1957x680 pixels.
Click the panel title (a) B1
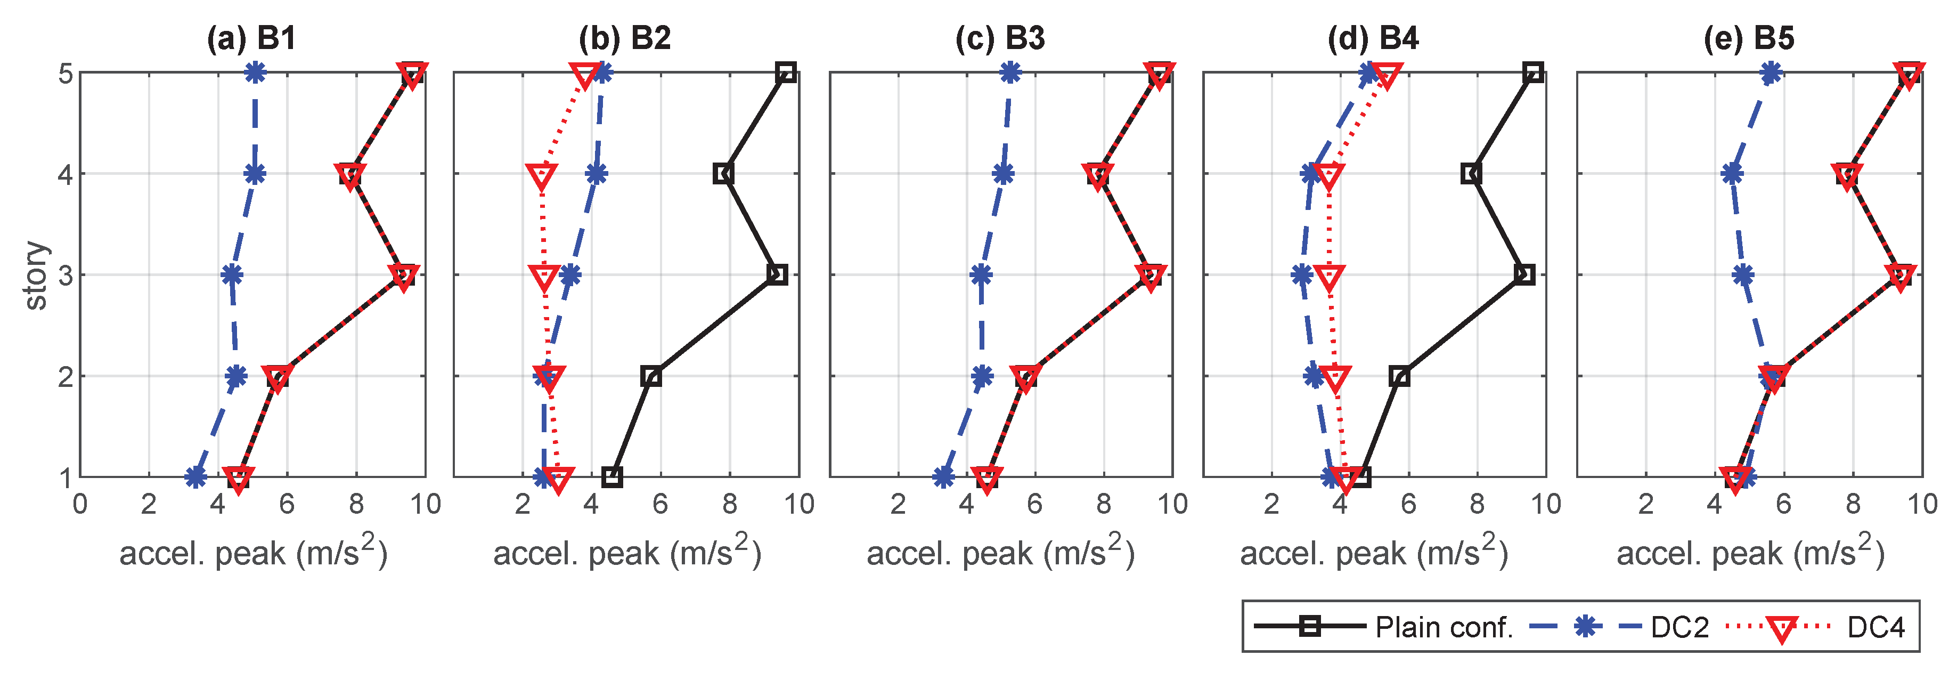pyautogui.click(x=251, y=38)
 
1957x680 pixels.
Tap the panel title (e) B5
pyautogui.click(x=1749, y=38)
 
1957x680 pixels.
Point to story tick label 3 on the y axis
pyautogui.click(x=66, y=275)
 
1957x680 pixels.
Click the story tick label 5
pyautogui.click(x=66, y=74)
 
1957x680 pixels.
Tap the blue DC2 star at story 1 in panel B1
pyautogui.click(x=196, y=477)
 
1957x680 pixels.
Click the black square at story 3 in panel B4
pyautogui.click(x=1524, y=274)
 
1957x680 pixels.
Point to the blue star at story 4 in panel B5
pyautogui.click(x=1733, y=174)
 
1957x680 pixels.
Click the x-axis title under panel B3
pyautogui.click(x=1000, y=553)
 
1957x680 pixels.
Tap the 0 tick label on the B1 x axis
pyautogui.click(x=80, y=504)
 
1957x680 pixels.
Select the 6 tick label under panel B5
pyautogui.click(x=1784, y=504)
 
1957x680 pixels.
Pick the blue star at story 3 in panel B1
pyautogui.click(x=232, y=274)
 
